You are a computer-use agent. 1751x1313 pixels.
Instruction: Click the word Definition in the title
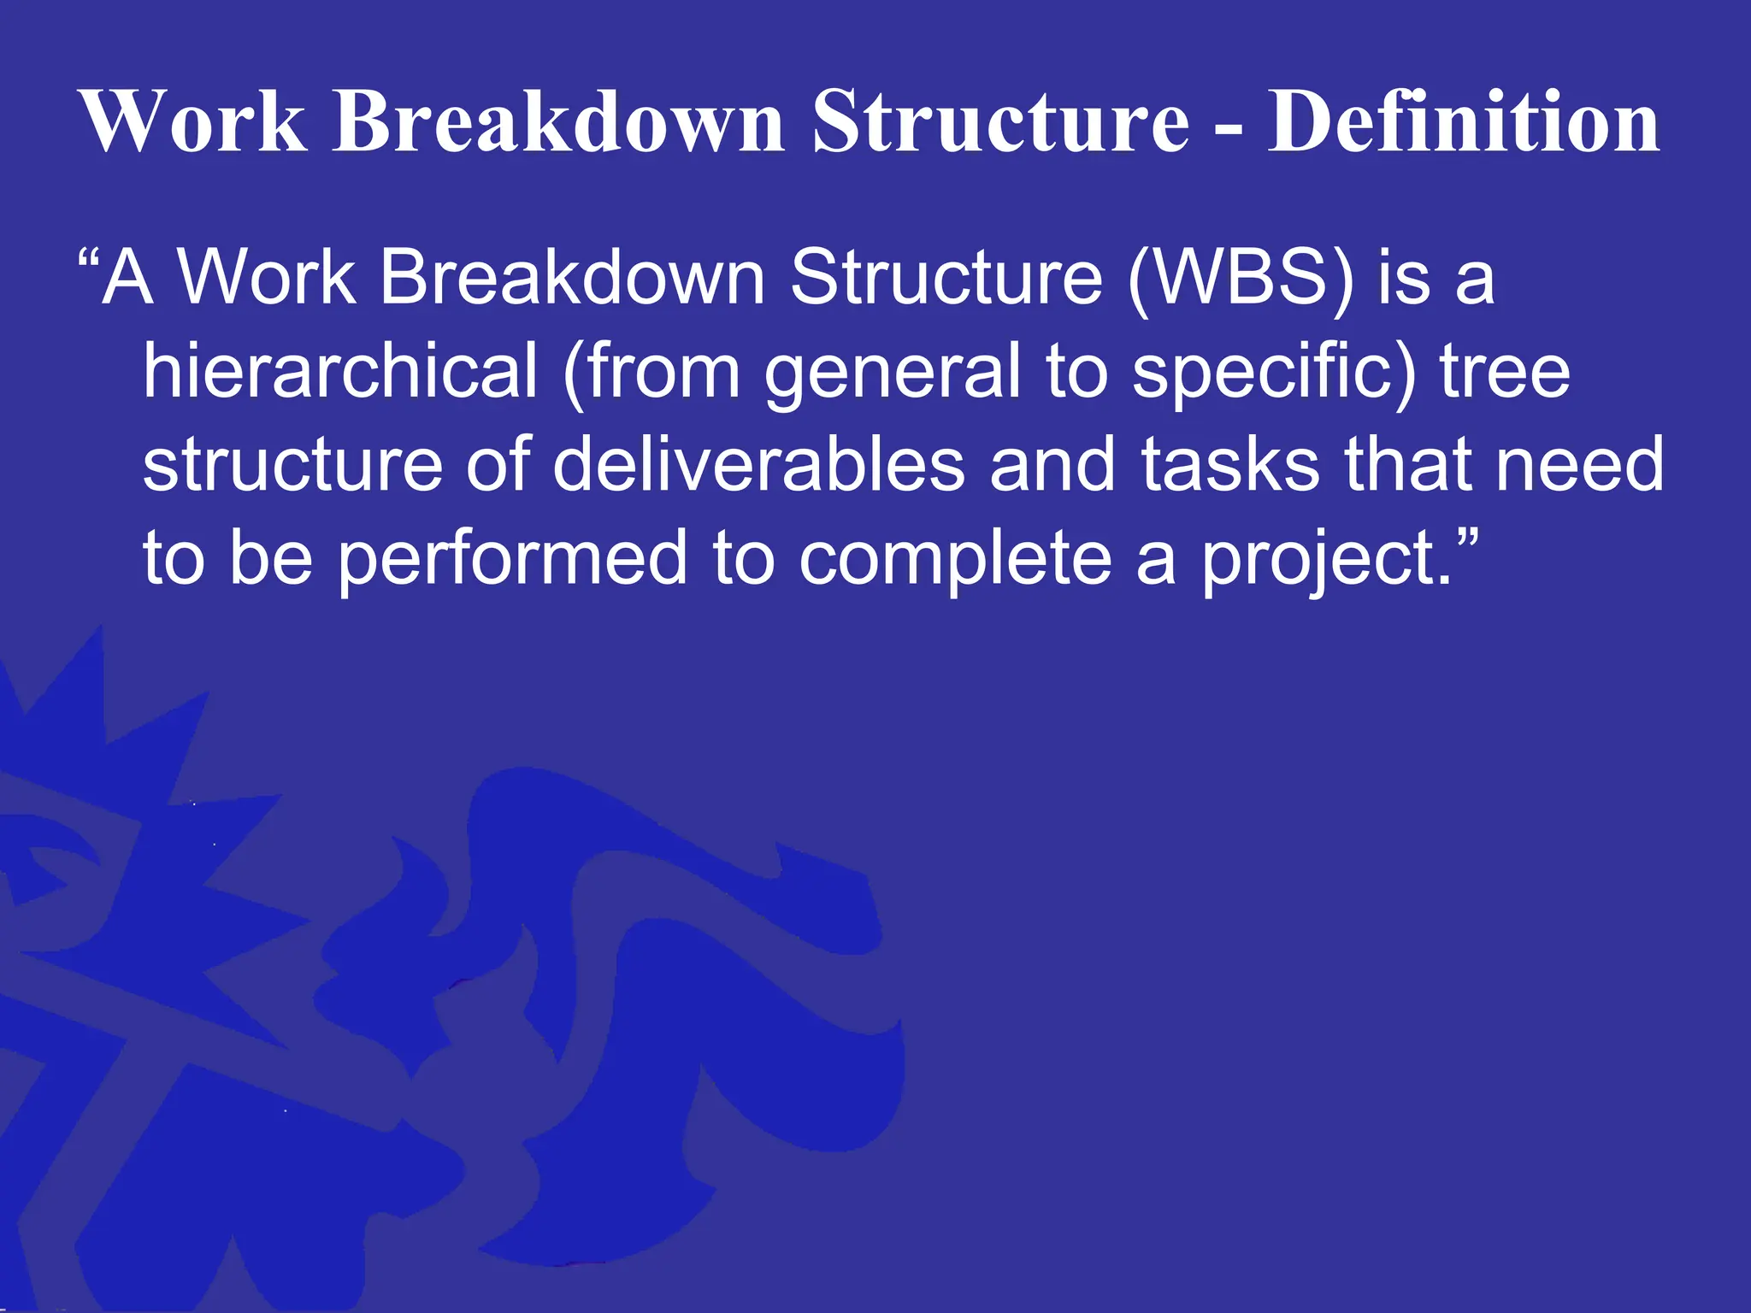[x=1463, y=122]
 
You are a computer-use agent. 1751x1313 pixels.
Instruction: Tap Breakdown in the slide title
[x=558, y=122]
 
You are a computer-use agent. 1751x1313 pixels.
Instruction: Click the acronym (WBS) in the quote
[x=1241, y=278]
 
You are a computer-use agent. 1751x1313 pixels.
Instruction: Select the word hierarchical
[x=340, y=371]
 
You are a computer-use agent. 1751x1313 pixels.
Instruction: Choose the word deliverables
[x=758, y=464]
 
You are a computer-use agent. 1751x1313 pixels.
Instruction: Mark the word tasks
[x=1230, y=464]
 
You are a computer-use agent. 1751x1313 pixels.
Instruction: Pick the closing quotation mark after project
[x=1465, y=540]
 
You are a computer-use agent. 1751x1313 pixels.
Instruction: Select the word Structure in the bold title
[x=1000, y=122]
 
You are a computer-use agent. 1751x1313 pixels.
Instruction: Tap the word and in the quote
[x=1052, y=464]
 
